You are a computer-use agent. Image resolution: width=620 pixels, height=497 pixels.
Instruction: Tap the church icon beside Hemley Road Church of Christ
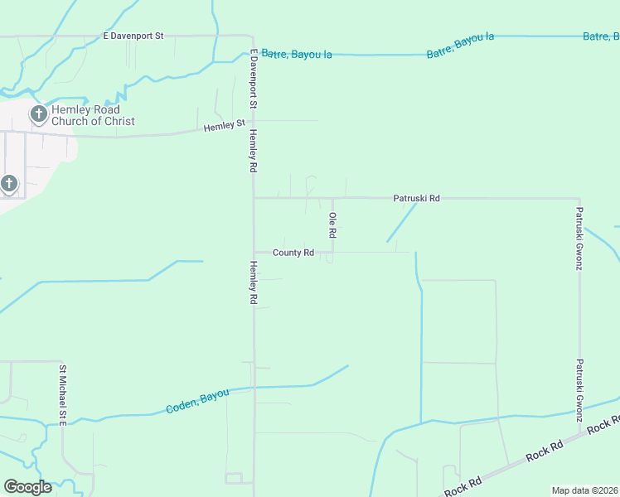coord(38,114)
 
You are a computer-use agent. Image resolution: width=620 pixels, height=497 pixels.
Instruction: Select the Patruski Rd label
coord(416,199)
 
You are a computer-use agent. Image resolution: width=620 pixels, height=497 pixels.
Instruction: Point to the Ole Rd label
coord(332,225)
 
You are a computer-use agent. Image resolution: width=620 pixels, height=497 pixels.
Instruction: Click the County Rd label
coord(293,253)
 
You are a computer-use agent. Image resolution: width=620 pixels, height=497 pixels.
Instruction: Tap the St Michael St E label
coord(62,395)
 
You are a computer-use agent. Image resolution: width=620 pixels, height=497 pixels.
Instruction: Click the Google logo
coord(27,487)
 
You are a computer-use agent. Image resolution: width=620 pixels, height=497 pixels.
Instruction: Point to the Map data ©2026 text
coord(585,490)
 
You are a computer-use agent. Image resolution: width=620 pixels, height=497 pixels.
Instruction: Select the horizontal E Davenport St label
coord(134,36)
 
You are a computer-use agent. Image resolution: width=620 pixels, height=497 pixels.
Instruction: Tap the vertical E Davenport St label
coord(254,79)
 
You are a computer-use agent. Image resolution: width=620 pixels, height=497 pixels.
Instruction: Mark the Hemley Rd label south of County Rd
coord(254,282)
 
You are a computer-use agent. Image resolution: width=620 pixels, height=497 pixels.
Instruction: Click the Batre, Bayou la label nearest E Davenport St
coord(297,54)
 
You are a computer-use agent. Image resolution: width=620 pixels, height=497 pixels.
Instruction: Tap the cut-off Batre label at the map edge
coord(601,36)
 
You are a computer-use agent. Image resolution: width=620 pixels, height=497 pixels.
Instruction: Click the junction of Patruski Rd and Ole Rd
coord(333,198)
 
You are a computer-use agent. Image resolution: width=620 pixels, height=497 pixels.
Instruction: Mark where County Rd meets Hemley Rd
coord(254,253)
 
